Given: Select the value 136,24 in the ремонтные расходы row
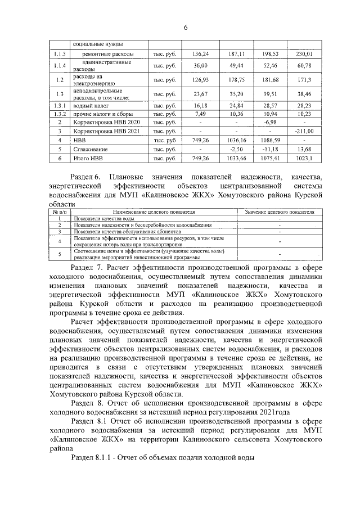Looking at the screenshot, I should pos(200,54).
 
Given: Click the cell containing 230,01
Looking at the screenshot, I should pos(304,54).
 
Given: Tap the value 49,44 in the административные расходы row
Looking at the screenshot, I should pos(237,66).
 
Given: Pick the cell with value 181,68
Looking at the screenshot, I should pos(271,80).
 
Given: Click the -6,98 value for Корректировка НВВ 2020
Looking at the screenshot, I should pos(271,121).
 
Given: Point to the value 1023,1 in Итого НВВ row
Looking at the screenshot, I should pos(304,159).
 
